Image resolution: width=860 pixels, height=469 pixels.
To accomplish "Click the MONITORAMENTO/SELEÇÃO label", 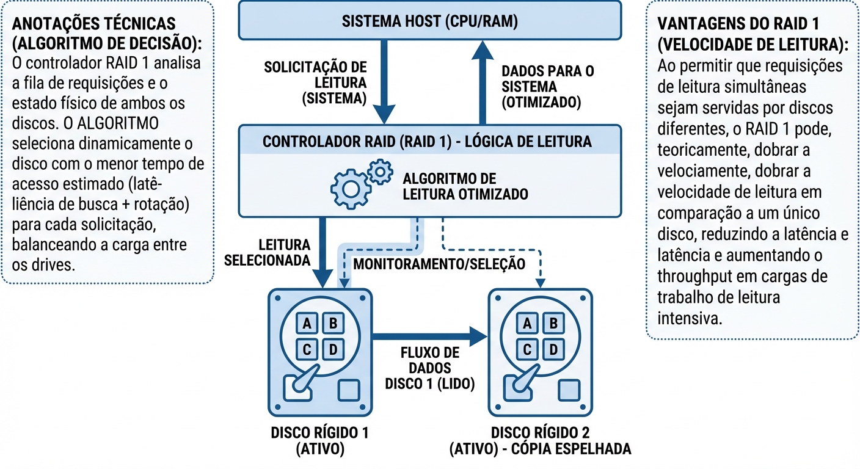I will [439, 264].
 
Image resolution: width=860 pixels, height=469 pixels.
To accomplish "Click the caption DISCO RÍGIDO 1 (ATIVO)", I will [321, 441].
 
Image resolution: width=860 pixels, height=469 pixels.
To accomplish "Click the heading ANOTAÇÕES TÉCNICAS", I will [93, 24].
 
